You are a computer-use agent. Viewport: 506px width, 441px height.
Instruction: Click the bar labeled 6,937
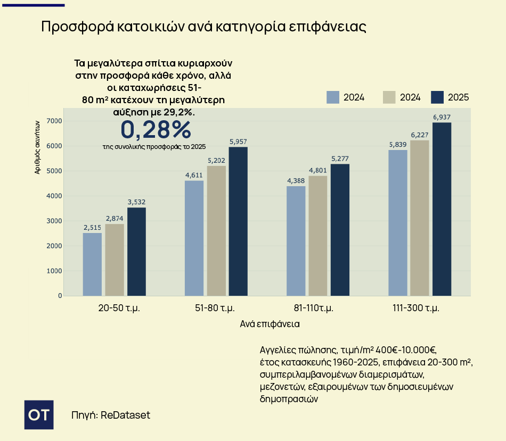442,209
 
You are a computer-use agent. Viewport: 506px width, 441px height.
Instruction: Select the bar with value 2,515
92,264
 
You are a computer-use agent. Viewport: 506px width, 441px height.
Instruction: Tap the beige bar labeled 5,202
216,230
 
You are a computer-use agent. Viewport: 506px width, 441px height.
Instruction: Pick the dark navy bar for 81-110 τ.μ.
340,229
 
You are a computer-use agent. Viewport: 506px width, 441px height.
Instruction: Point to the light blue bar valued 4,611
194,238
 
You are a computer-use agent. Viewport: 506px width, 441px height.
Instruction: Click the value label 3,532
136,202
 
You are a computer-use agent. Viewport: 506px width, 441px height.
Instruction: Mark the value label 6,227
419,135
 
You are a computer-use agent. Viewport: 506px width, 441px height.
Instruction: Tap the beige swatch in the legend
389,97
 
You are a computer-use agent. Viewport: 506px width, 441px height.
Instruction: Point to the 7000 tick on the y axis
55,121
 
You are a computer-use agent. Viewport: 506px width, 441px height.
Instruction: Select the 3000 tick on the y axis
55,221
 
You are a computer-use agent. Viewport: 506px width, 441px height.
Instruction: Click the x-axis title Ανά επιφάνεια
270,323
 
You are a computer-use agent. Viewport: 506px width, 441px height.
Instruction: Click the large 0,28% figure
155,129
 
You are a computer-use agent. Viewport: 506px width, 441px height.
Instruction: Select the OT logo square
39,414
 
